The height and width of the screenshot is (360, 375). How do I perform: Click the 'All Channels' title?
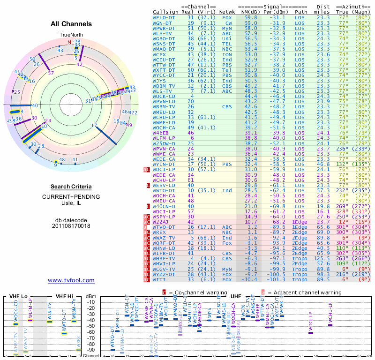71,24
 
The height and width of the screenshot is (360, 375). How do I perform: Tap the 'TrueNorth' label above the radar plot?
71,35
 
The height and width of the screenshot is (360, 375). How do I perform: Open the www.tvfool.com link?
71,280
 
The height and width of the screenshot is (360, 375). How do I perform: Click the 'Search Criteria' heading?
71,187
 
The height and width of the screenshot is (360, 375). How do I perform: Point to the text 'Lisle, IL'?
71,203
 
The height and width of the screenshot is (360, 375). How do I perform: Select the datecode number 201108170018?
71,226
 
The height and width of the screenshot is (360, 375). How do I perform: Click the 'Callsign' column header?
166,11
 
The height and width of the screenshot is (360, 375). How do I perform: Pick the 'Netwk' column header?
227,11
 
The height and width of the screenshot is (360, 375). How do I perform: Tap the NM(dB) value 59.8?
251,17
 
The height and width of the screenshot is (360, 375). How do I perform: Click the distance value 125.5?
322,258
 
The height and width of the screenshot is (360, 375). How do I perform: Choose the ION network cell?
227,54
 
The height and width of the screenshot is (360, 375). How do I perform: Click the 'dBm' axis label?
90,296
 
